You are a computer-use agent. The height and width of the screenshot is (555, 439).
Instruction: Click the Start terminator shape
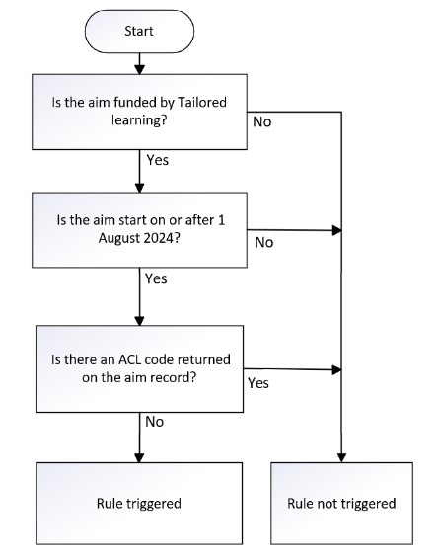click(x=139, y=32)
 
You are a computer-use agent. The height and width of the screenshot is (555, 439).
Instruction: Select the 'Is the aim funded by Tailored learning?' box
click(x=139, y=112)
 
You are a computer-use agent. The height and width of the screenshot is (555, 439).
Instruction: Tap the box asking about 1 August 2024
click(x=139, y=230)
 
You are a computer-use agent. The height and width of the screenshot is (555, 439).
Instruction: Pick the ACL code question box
click(x=139, y=368)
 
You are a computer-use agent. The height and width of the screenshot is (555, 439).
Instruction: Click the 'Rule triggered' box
click(x=139, y=504)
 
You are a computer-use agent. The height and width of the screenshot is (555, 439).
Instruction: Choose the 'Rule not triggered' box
click(x=341, y=504)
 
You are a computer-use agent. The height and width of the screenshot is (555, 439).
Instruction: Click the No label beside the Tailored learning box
click(x=261, y=122)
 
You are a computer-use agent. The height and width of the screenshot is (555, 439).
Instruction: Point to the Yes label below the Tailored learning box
click(x=158, y=160)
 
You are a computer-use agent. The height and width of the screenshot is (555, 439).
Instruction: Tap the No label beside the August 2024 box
click(x=264, y=243)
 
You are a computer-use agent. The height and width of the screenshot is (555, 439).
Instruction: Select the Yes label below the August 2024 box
click(x=156, y=278)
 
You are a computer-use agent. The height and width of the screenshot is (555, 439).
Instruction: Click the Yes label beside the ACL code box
click(x=258, y=383)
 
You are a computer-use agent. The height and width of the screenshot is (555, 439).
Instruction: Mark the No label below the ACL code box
click(x=155, y=422)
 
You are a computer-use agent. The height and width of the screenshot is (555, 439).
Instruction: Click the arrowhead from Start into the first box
click(x=140, y=69)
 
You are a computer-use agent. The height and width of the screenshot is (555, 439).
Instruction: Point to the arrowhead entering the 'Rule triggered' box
click(x=140, y=457)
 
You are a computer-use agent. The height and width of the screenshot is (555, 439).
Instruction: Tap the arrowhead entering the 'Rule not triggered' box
click(x=341, y=457)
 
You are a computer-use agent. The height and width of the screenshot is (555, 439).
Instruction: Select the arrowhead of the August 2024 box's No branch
click(x=336, y=230)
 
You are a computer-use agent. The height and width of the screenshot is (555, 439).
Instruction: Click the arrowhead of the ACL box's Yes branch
click(x=336, y=370)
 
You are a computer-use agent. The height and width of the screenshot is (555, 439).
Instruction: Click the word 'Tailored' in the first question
click(x=201, y=103)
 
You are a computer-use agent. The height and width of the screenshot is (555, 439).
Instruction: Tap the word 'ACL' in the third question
click(x=129, y=359)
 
